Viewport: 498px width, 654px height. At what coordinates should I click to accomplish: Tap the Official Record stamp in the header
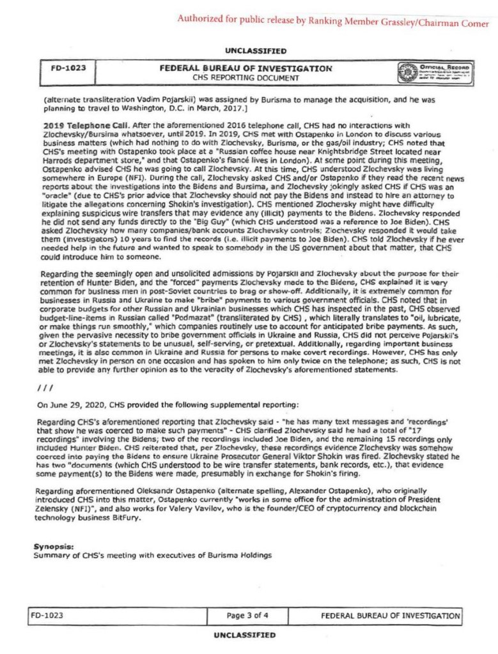click(435, 73)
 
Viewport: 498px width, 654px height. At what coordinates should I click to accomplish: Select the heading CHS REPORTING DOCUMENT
click(246, 78)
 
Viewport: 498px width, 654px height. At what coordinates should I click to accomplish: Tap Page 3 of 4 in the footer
click(252, 616)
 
